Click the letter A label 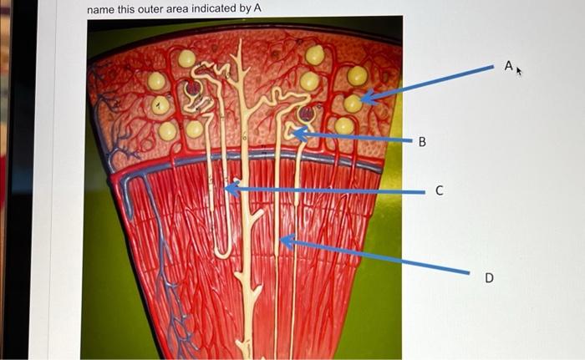(507, 65)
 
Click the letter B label (422, 142)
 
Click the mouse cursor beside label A (519, 72)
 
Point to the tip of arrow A (361, 100)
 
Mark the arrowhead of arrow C (227, 190)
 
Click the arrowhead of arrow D (280, 241)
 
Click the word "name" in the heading (102, 8)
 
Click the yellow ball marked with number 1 (160, 106)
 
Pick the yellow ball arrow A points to (354, 104)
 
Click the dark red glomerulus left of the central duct (193, 87)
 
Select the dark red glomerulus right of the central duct (307, 114)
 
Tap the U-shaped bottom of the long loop (222, 251)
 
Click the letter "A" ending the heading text (257, 8)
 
